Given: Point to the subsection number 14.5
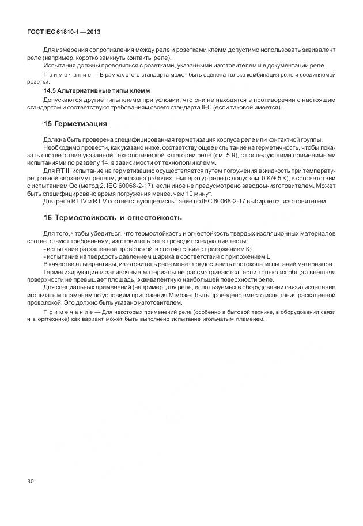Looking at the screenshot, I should [x=51, y=91].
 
